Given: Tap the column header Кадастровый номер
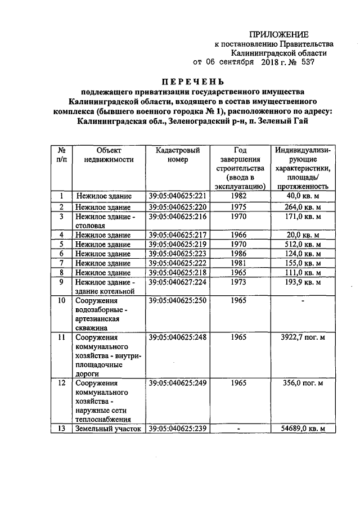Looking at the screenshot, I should [177, 155].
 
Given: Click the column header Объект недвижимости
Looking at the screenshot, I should [109, 155].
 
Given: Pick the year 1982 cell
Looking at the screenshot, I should [238, 196].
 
